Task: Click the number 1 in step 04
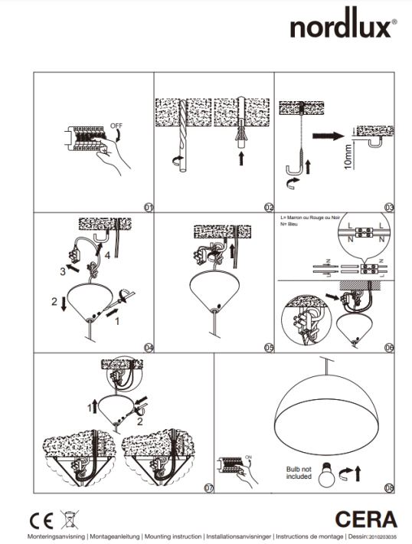[116, 323]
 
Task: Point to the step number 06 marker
[389, 347]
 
